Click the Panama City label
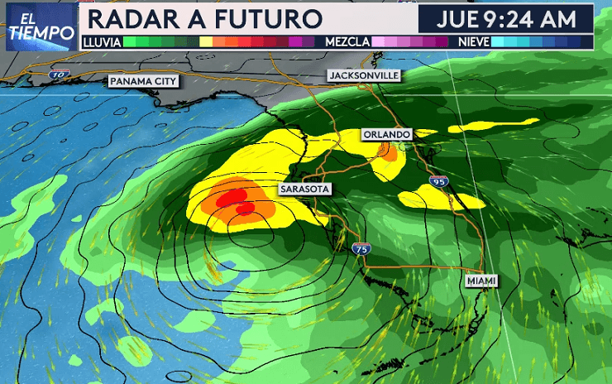pos(142,81)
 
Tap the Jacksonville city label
pos(364,75)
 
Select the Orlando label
pos(385,134)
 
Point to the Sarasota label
pos(305,190)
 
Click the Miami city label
pos(481,281)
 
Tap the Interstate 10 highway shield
pos(57,74)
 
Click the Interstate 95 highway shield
pos(437,181)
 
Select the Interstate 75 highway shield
pos(360,248)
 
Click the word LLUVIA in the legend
pos(100,41)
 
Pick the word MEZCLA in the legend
pos(347,41)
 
